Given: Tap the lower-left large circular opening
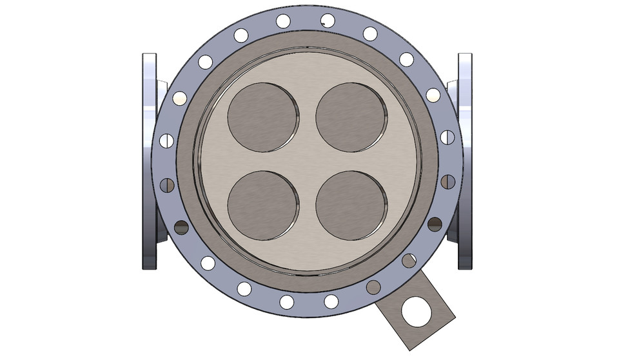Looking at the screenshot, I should tap(264, 204).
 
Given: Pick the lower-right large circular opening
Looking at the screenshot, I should tap(351, 204).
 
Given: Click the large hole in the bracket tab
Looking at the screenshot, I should tap(415, 311).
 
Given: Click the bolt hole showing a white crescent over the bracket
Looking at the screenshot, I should tap(409, 261).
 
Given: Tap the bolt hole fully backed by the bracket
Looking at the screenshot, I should tap(373, 288).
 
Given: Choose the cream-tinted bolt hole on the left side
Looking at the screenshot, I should tap(180, 99).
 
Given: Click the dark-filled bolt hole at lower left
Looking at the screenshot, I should tap(181, 226).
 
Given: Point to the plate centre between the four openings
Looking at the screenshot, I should tap(308, 161).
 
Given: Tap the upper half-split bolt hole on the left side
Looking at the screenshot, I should tap(166, 140).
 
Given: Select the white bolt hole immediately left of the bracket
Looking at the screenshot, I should tap(331, 301).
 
